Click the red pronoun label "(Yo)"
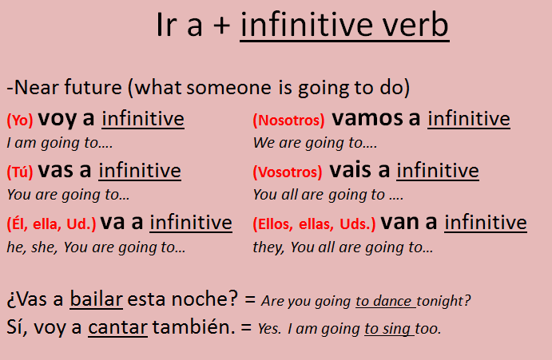point(19,121)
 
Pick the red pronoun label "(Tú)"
point(19,172)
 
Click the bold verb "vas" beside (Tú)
point(54,171)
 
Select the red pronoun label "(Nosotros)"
point(288,121)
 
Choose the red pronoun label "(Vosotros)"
point(288,172)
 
